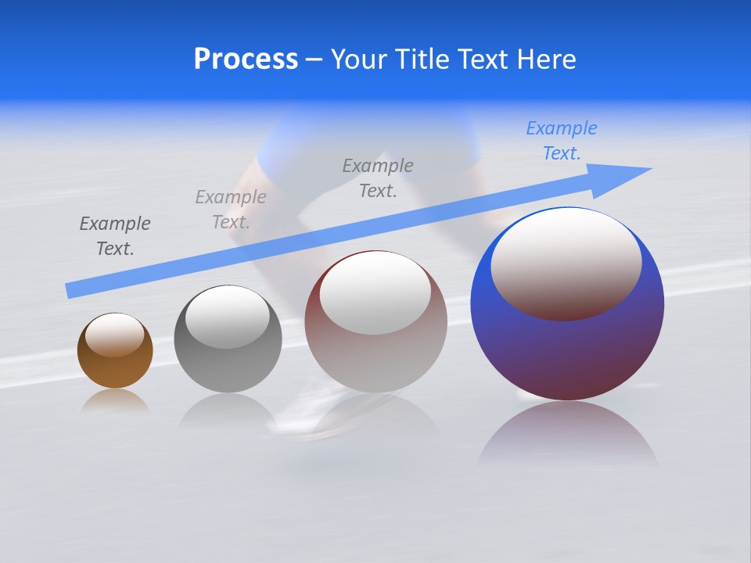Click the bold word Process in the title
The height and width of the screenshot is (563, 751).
(x=246, y=59)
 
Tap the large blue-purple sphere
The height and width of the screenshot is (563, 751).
(x=567, y=352)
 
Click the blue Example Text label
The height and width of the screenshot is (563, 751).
(x=562, y=141)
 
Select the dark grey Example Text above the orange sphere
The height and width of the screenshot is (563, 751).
(x=115, y=236)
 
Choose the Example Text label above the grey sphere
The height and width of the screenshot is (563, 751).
(x=231, y=210)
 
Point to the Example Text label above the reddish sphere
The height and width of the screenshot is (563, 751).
(x=378, y=178)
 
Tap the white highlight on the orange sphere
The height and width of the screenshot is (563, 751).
(x=115, y=335)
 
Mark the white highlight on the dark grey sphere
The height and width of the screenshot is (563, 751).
(x=228, y=317)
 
